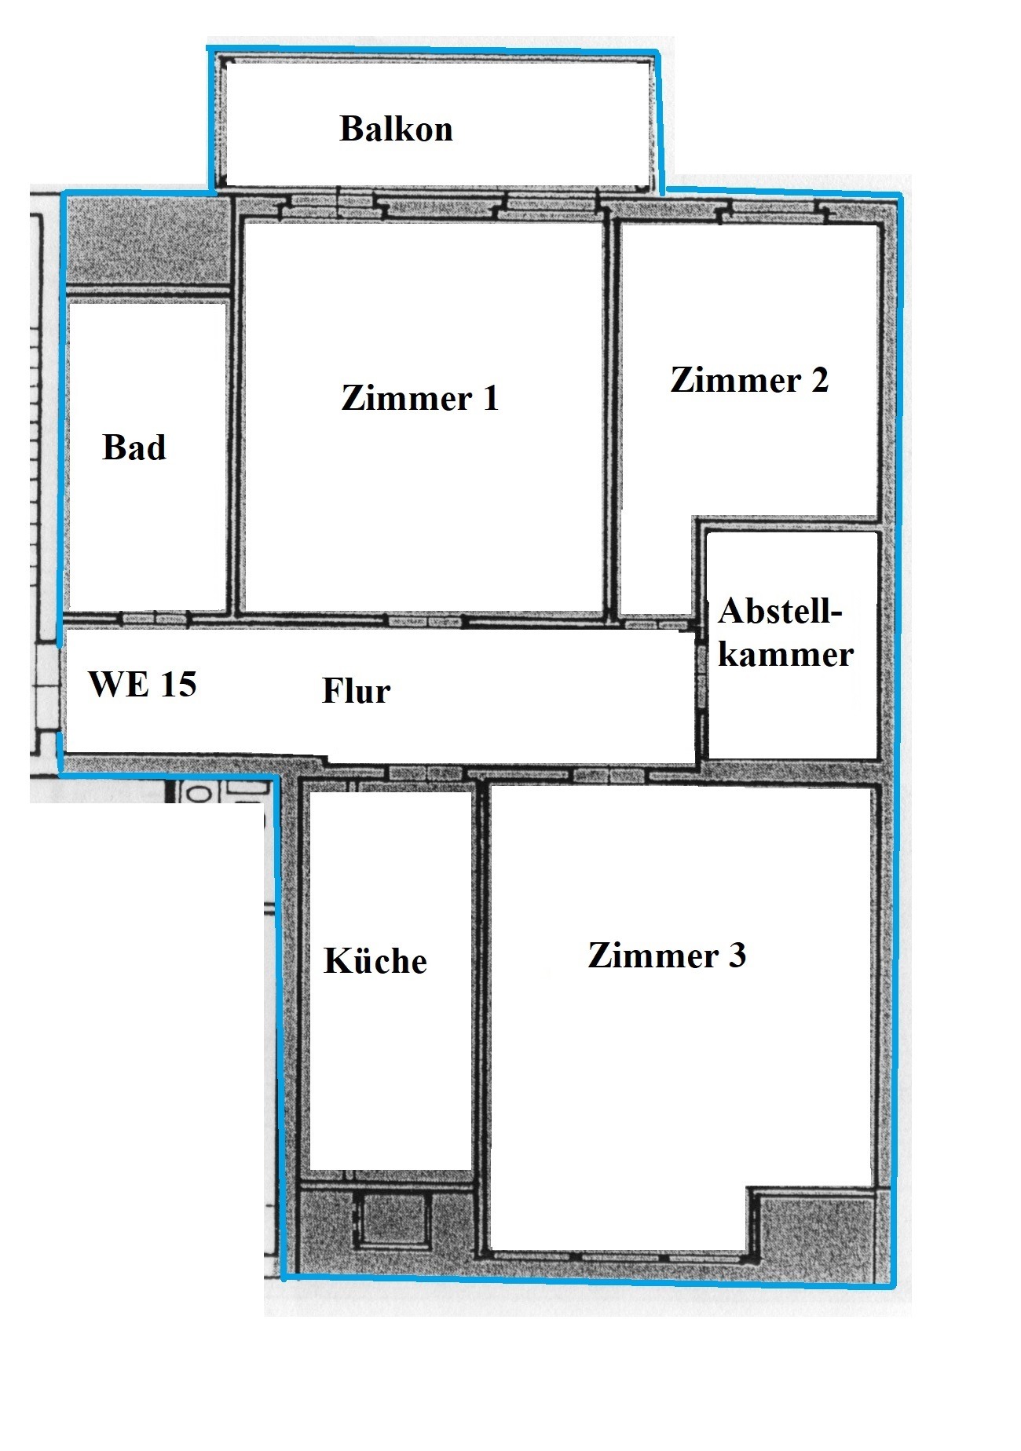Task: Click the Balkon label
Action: tap(396, 129)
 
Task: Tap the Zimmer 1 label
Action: tap(420, 398)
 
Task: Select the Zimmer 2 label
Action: tap(750, 380)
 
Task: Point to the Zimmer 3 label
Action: tap(667, 956)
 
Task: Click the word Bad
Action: tap(134, 448)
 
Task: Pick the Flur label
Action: tap(356, 691)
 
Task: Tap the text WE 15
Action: tap(142, 684)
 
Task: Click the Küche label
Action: tap(375, 961)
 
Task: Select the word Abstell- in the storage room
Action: tap(780, 611)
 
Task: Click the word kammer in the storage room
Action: tap(785, 654)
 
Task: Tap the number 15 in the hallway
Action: tap(178, 684)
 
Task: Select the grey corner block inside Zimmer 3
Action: tap(817, 1234)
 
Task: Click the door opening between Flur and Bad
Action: tap(156, 619)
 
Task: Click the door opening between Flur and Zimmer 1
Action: tap(425, 621)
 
